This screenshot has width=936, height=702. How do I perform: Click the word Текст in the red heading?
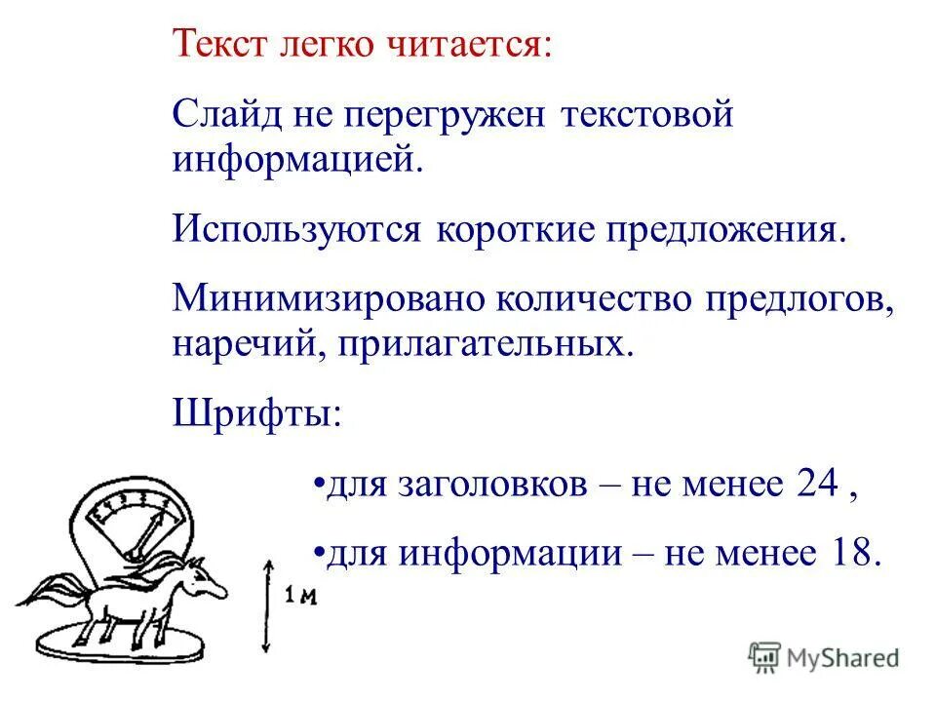coord(215,45)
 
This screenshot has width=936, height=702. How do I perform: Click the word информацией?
coord(297,158)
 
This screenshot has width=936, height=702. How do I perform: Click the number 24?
coord(817,485)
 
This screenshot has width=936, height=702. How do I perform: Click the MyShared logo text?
coord(843,657)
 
